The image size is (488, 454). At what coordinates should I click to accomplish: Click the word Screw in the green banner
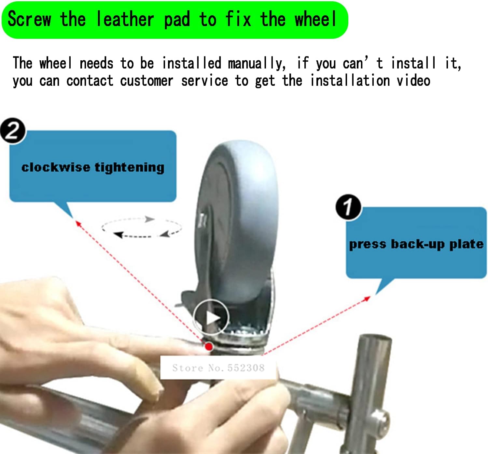pyautogui.click(x=29, y=19)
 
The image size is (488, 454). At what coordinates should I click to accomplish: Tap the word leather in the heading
pyautogui.click(x=125, y=19)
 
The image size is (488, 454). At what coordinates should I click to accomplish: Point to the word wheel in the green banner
pyautogui.click(x=315, y=19)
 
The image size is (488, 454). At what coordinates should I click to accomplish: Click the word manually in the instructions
pyautogui.click(x=257, y=63)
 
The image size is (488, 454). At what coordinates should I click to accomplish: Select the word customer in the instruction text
pyautogui.click(x=146, y=81)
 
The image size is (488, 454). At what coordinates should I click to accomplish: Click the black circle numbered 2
pyautogui.click(x=12, y=131)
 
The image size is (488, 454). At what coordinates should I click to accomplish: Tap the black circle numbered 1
pyautogui.click(x=348, y=207)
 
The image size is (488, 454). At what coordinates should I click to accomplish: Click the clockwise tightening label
pyautogui.click(x=93, y=167)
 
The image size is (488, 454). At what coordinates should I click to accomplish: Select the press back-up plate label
pyautogui.click(x=416, y=244)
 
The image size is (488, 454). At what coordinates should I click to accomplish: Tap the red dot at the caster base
pyautogui.click(x=208, y=346)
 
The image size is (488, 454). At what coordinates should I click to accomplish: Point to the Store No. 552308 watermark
pyautogui.click(x=218, y=368)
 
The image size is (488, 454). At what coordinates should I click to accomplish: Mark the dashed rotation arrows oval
pyautogui.click(x=142, y=227)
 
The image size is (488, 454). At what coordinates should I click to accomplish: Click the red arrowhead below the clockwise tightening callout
pyautogui.click(x=77, y=223)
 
